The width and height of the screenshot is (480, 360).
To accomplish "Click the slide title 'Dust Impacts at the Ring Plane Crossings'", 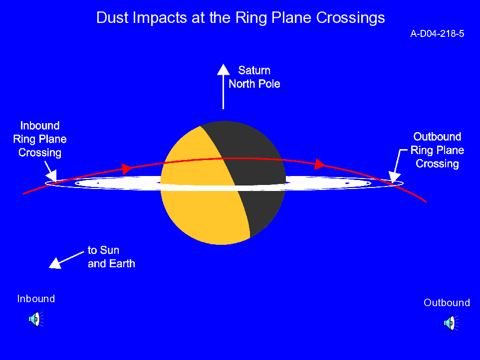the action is pos(240,18).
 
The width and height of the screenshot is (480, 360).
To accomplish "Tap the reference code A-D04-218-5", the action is pos(437,33).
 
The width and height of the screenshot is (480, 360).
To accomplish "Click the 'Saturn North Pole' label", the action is pos(254,77).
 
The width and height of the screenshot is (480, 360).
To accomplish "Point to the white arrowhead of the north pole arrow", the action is pos(224,69).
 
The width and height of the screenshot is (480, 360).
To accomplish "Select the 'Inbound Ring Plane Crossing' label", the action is pos(40,139).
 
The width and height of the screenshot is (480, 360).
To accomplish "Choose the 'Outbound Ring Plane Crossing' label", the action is pos(437,150).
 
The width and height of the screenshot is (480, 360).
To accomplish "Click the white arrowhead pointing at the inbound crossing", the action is pos(52,176).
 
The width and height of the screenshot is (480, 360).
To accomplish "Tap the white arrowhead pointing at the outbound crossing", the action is pos(395,177).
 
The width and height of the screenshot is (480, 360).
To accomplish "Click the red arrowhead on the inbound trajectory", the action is pos(127,169).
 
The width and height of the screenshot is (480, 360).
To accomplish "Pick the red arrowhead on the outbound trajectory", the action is pos(320,164).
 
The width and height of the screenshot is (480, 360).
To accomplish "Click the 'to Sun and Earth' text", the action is pos(111,257).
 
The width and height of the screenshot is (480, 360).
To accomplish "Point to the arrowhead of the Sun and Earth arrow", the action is pos(55,263).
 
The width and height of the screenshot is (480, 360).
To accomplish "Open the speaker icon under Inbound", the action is pos(36,319).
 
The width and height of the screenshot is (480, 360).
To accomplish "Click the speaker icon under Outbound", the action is pos(451,323).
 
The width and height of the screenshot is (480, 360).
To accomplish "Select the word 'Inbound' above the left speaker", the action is pos(36,299).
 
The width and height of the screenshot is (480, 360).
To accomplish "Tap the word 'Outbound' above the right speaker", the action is pos(447,303).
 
